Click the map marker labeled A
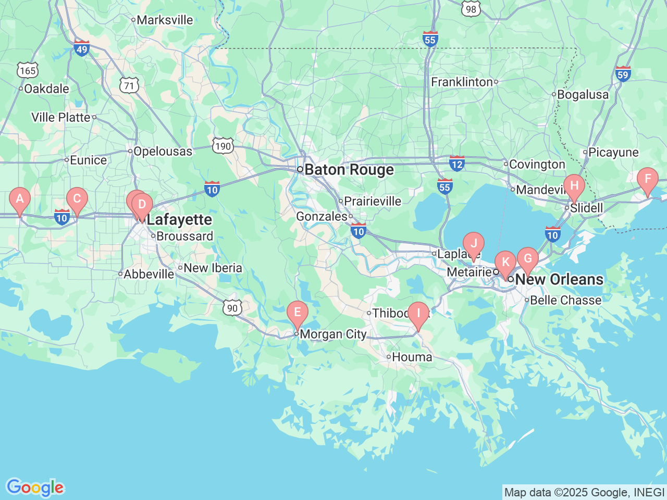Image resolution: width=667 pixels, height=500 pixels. click(x=20, y=199)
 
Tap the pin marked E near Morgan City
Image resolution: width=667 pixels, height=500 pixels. click(x=297, y=312)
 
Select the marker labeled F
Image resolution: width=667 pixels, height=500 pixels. click(x=647, y=180)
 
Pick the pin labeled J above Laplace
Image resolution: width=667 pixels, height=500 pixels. click(x=473, y=244)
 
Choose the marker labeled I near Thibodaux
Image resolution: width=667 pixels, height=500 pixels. click(x=417, y=314)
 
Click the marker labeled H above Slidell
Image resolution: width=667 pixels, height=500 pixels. click(x=574, y=186)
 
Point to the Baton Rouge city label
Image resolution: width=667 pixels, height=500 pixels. click(x=349, y=170)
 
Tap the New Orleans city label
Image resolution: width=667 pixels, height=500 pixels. click(x=559, y=279)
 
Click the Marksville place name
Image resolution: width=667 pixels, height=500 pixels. click(x=165, y=20)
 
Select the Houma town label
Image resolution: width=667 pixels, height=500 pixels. click(x=412, y=357)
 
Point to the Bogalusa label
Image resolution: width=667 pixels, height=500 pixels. click(x=583, y=95)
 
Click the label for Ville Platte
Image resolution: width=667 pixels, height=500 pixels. click(x=61, y=118)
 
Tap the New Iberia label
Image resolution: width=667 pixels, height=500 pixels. click(x=213, y=268)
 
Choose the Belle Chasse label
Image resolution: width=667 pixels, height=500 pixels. click(x=565, y=301)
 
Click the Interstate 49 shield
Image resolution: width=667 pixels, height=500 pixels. click(x=81, y=48)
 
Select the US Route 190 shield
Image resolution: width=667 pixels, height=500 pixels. click(x=223, y=146)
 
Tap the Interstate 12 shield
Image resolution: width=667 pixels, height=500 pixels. click(x=457, y=163)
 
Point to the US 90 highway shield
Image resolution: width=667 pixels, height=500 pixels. click(x=232, y=308)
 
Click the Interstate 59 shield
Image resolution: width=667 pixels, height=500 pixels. click(x=623, y=73)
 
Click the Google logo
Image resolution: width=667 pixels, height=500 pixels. click(x=35, y=488)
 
